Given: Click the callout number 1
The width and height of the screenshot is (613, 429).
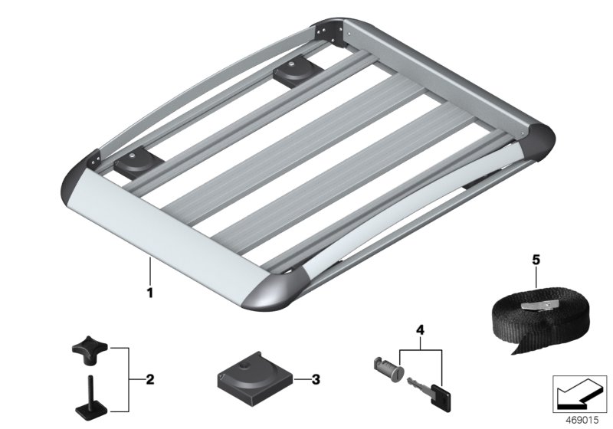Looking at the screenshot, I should pyautogui.click(x=151, y=292).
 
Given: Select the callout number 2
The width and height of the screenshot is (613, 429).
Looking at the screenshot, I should pyautogui.click(x=150, y=378).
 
